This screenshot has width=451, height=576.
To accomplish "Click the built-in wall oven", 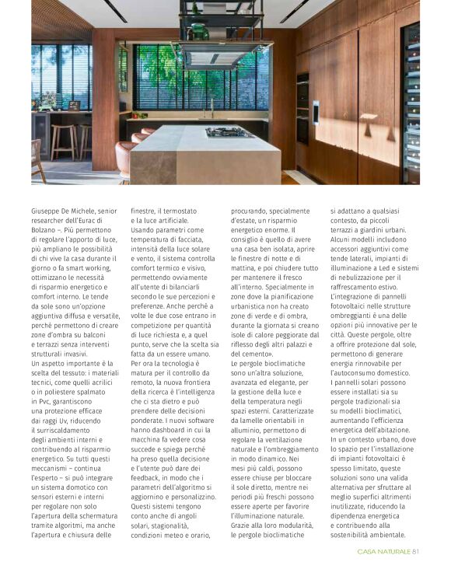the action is tap(302, 108).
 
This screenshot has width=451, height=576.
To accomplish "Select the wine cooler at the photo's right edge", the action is tap(411, 101).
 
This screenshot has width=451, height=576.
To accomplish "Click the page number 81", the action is tap(416, 552).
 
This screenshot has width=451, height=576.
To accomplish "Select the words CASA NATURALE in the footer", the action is tap(383, 552).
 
